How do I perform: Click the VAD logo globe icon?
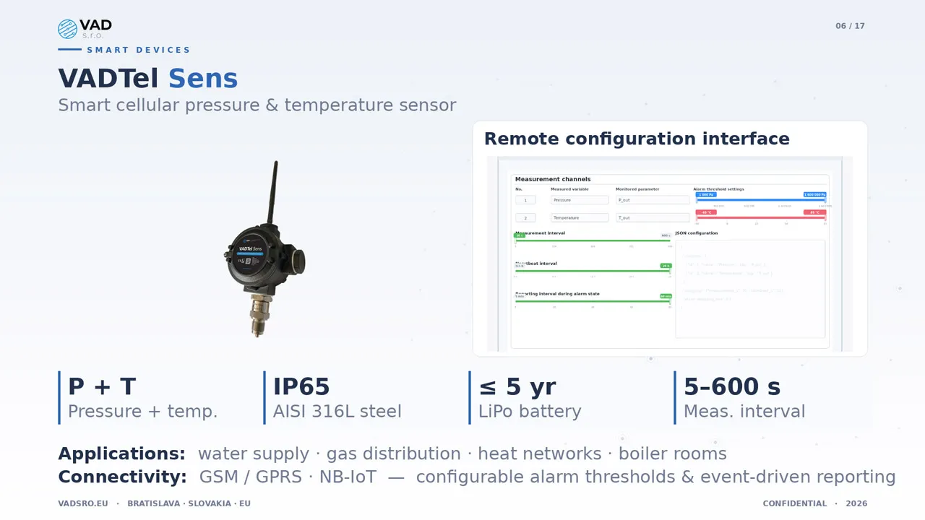67,29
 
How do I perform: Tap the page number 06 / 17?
850,26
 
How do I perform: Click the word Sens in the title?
203,79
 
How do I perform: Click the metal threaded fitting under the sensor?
258,314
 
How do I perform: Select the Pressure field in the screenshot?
579,200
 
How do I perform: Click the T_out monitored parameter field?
653,217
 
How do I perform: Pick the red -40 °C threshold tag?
706,212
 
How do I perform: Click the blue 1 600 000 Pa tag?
814,194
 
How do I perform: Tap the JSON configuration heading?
697,233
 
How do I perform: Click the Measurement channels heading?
553,179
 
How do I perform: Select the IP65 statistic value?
301,387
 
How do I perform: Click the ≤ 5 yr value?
517,387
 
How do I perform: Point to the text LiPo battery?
530,412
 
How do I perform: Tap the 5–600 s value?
732,387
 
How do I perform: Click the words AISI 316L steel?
337,412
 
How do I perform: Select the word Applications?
121,454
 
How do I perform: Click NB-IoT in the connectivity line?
349,477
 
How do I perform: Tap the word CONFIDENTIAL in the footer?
794,503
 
